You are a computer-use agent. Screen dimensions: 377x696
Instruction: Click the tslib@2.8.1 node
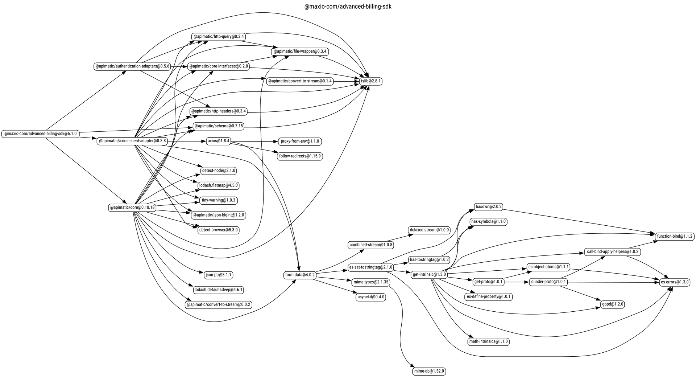370,81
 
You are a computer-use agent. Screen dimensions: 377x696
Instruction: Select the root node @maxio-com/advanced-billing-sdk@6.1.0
40,134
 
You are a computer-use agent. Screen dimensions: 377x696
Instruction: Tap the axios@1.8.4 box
218,141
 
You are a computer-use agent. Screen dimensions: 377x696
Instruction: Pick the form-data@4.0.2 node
300,275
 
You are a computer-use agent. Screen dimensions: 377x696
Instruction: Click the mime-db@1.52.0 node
429,371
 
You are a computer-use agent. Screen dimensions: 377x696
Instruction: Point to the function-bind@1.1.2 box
675,236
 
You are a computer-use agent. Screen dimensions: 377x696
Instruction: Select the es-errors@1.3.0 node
675,282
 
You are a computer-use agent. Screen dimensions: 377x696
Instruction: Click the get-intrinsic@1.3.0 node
429,274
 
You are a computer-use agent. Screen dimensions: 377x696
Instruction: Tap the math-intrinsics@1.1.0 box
488,341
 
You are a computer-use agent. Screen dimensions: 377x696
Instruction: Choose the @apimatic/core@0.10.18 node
132,208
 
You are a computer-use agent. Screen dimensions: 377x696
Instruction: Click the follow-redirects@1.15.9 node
299,156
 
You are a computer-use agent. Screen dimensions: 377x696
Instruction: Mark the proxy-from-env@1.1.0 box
300,141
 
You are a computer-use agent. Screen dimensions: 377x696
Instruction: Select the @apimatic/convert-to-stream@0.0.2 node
219,304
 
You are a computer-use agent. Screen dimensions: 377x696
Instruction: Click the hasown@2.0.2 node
488,207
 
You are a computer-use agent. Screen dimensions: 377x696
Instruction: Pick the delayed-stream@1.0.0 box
429,230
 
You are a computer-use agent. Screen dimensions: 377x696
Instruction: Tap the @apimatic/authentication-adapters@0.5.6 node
132,66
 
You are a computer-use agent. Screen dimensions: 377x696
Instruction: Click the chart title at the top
348,7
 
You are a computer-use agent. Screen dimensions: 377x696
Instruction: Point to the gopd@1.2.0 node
613,304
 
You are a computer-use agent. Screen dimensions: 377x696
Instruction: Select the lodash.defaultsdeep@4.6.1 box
218,290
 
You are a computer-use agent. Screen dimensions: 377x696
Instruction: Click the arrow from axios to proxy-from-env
254,141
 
